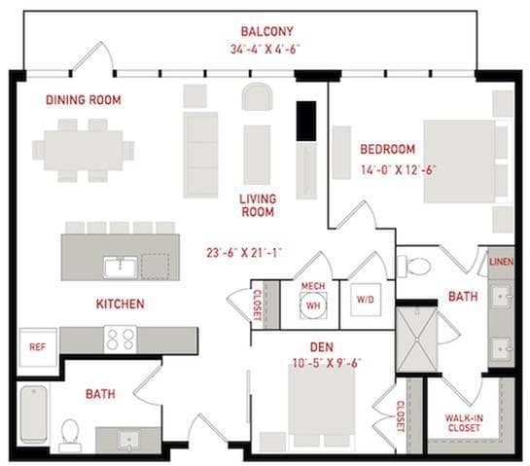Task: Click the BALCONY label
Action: point(266,31)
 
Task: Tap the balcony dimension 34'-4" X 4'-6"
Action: point(265,49)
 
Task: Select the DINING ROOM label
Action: point(84,100)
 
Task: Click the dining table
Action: point(84,151)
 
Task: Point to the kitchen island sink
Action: point(121,268)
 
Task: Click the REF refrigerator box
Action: point(38,347)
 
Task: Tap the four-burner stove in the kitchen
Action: point(121,340)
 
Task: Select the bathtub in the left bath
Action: point(34,414)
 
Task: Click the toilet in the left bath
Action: point(70,436)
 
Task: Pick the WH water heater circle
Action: point(313,305)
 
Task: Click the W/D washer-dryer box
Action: point(366,300)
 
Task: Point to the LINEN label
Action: point(502,262)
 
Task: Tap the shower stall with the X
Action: point(417,339)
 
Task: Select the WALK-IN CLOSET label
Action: point(464,423)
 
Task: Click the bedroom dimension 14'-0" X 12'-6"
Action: point(398,169)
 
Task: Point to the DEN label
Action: point(322,347)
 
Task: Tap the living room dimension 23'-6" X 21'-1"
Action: point(244,253)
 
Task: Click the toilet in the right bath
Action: point(413,267)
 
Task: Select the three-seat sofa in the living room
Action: point(200,155)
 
